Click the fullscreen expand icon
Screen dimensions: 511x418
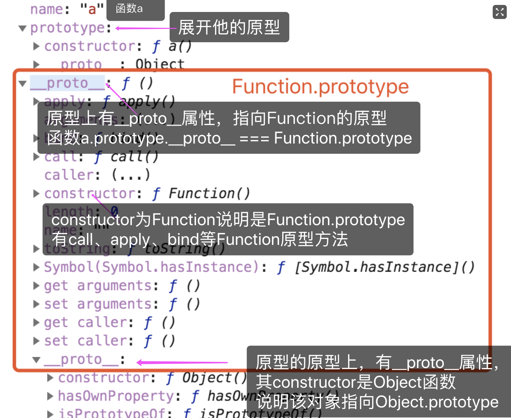point(499,12)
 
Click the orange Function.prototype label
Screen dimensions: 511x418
point(320,87)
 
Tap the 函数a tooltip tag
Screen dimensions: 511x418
point(129,8)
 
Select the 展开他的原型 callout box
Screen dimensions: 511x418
point(229,27)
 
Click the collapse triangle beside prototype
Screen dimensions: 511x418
point(23,28)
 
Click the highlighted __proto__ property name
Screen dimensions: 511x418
point(67,83)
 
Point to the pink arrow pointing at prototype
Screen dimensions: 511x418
point(144,28)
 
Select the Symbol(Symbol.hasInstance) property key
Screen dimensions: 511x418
point(151,267)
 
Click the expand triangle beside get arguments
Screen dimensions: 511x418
point(36,285)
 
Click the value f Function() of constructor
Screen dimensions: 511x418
point(201,193)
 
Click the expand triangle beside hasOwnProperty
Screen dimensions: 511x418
point(50,396)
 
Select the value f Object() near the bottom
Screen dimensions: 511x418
point(206,378)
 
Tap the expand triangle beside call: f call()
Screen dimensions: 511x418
point(36,157)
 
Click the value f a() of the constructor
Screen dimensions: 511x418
point(172,46)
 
